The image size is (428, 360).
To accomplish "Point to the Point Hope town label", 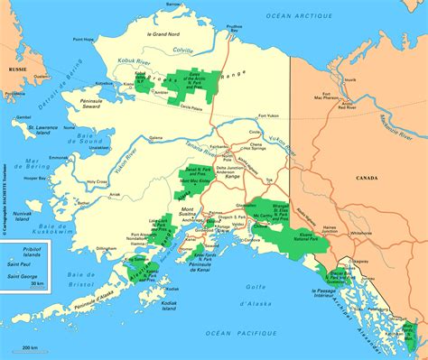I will [83, 40].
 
